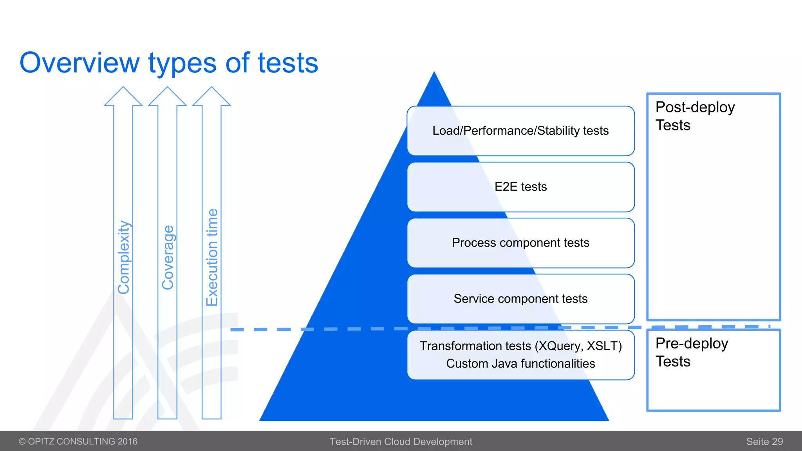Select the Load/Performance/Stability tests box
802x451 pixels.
tap(520, 131)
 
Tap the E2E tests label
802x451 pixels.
tap(520, 187)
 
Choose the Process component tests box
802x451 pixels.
tap(520, 243)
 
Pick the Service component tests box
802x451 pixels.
tap(520, 299)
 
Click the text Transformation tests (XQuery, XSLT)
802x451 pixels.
tap(520, 346)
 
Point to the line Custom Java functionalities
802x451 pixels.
tap(520, 364)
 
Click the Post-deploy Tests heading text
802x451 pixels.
tap(695, 116)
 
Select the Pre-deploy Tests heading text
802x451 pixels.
tap(692, 352)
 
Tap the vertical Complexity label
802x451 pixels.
tap(124, 257)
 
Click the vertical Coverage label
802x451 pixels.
tap(168, 257)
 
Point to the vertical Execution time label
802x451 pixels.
tap(212, 257)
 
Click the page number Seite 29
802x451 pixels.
tap(764, 442)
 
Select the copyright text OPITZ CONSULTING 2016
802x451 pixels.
tap(78, 442)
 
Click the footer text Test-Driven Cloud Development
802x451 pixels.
tap(401, 442)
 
